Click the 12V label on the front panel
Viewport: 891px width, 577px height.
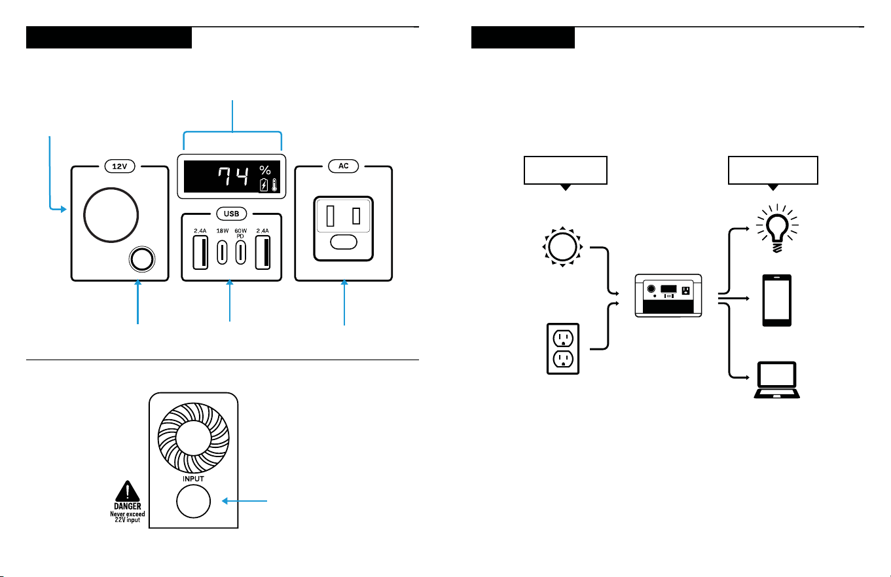coord(120,166)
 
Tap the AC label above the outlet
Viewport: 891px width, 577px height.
coord(343,166)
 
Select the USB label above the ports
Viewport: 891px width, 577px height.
coord(232,214)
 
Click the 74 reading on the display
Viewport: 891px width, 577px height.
coord(233,176)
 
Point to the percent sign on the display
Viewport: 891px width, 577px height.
coord(265,170)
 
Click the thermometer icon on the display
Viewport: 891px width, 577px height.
coord(274,185)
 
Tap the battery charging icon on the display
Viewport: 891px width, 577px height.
coord(264,185)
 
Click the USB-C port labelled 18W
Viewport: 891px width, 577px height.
coord(222,252)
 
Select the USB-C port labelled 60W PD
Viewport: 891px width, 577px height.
coord(240,252)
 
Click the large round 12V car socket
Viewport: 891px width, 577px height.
coord(111,215)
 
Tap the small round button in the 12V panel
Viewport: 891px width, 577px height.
coord(142,259)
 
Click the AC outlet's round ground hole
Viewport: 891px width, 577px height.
coord(344,242)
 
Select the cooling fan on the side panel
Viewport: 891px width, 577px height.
coord(193,438)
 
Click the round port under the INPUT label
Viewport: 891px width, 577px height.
coord(193,501)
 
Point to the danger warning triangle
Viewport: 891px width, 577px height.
coord(127,491)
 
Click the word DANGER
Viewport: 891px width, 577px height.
coord(127,506)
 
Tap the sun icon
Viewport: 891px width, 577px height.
coord(562,247)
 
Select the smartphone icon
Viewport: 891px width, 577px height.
coord(777,301)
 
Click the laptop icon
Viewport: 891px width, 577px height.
coord(777,380)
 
